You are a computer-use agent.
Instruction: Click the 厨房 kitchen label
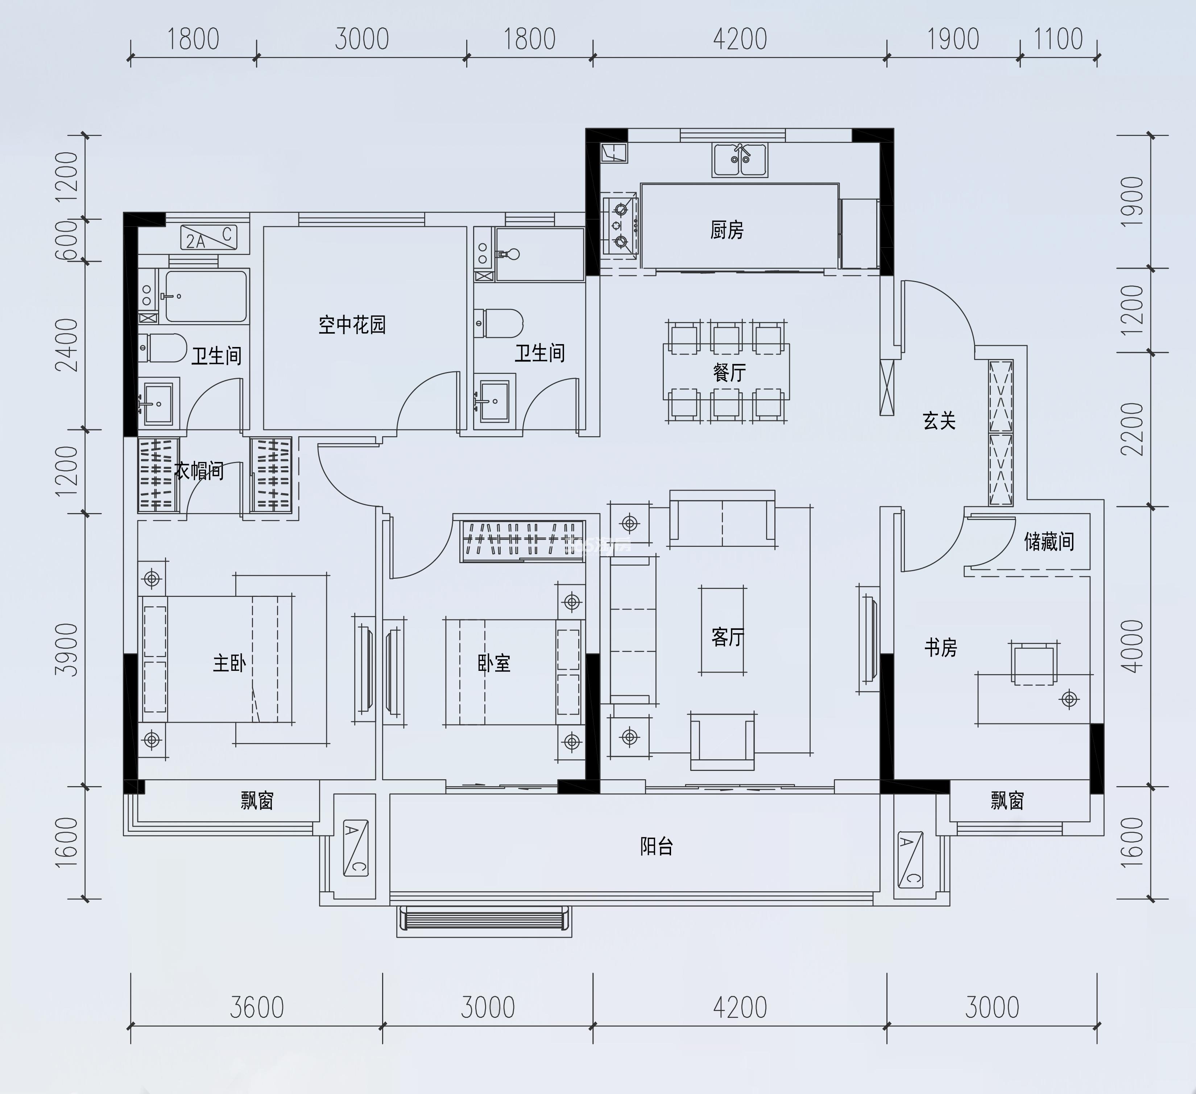(x=727, y=230)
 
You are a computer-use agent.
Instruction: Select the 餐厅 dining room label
(x=729, y=372)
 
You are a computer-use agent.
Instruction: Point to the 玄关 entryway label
(x=939, y=421)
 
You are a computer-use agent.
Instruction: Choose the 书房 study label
(x=941, y=647)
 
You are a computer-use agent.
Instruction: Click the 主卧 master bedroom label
(x=229, y=663)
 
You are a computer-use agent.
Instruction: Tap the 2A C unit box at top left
(x=209, y=237)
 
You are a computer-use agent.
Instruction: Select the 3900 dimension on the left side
(x=66, y=650)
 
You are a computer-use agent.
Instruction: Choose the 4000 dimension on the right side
(x=1132, y=646)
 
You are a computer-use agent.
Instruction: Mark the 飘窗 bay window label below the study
(x=1007, y=800)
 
